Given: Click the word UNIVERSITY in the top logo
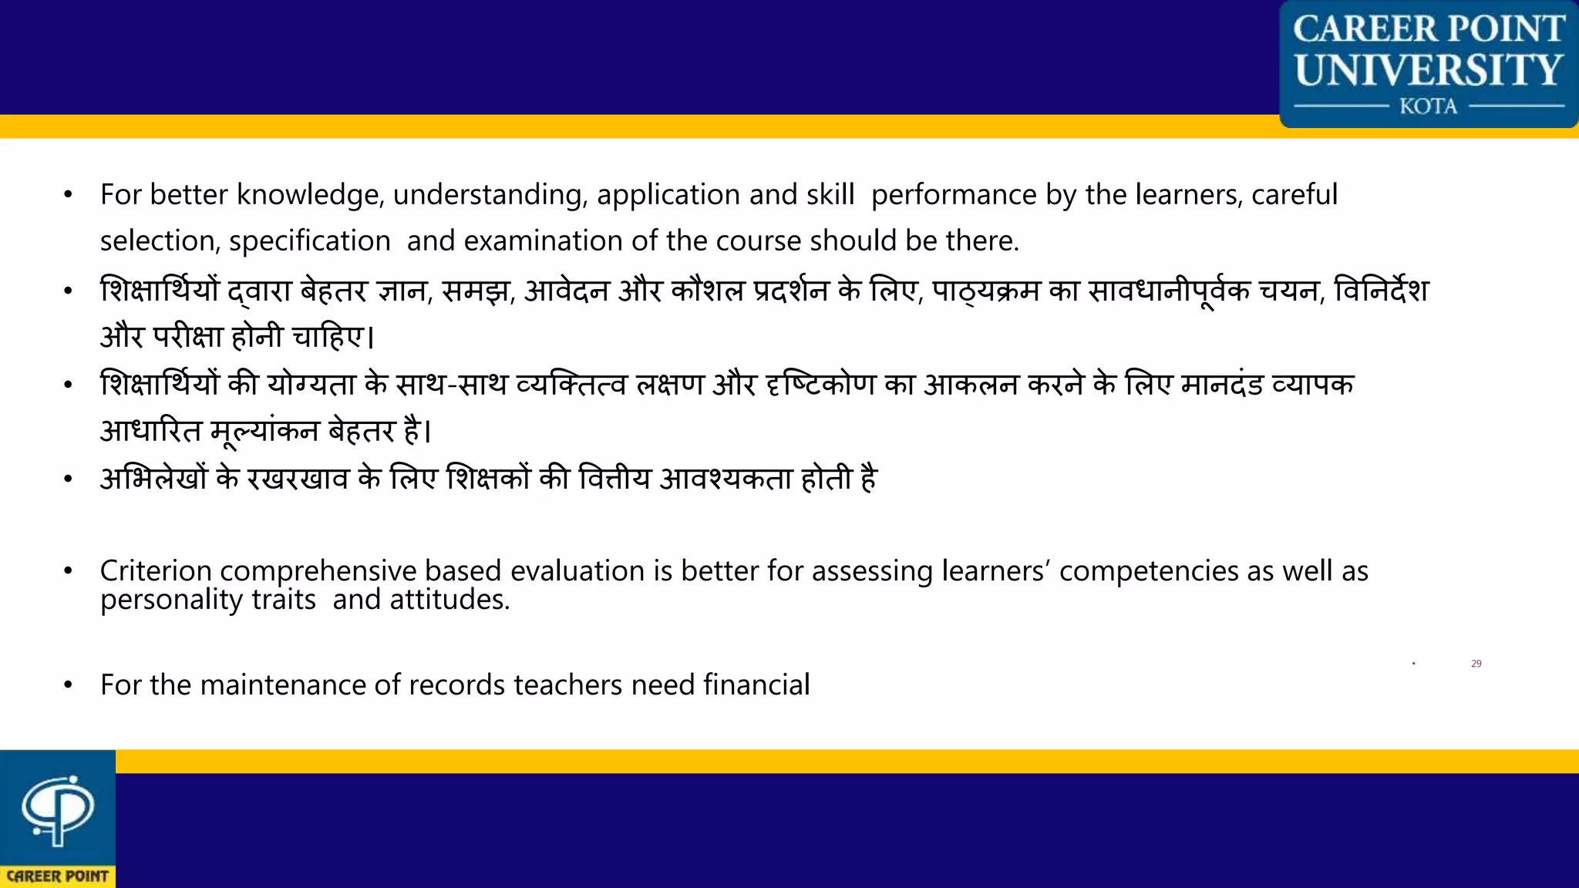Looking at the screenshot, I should tap(1429, 70).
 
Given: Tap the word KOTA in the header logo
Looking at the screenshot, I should tap(1429, 106).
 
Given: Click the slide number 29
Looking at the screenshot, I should tap(1476, 664).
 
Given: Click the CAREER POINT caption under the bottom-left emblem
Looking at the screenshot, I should tap(58, 876).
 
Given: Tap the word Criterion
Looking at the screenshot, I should tap(156, 571).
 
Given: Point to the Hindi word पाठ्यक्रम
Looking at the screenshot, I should tap(986, 291).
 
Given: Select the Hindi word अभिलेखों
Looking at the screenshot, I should tap(154, 479).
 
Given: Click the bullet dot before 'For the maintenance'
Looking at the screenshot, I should tap(69, 684).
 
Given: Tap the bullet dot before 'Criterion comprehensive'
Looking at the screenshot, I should tap(69, 571).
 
